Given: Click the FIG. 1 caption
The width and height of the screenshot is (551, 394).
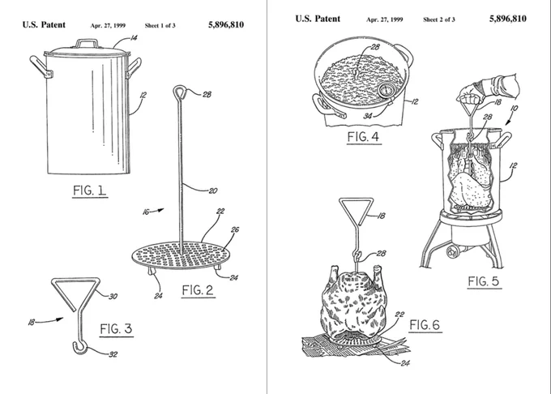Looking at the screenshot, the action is click(x=90, y=191).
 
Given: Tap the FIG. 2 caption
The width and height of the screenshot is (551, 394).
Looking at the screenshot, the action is click(x=199, y=291).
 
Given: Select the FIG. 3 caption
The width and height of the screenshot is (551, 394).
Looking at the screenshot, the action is click(x=117, y=329).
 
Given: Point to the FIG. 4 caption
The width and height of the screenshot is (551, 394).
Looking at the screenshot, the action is click(x=364, y=137).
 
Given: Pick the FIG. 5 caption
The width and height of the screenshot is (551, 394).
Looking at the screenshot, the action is click(x=484, y=281).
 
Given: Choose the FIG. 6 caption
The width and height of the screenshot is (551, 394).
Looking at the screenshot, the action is click(x=425, y=325).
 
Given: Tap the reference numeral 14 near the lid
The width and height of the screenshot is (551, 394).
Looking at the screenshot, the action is click(x=134, y=37).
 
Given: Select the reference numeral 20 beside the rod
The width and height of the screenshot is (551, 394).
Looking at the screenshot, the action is click(x=213, y=191).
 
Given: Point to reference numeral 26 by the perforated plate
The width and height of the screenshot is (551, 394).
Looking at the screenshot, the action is click(x=235, y=230).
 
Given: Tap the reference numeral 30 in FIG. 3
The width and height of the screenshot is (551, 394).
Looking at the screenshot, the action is click(x=113, y=297).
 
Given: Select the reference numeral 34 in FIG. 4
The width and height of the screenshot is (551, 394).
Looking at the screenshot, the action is click(x=368, y=116).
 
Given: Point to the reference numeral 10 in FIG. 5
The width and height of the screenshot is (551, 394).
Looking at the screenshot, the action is click(x=514, y=109).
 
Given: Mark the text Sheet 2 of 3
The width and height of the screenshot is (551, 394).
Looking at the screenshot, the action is click(x=439, y=19).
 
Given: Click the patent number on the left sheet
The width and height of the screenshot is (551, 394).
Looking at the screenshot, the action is click(x=226, y=24).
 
